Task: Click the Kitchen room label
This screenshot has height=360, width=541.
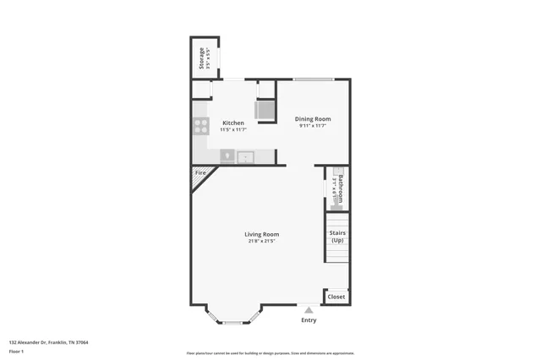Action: [232, 123]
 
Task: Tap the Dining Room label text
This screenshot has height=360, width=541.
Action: [313, 119]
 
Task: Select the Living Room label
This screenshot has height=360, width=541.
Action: [262, 234]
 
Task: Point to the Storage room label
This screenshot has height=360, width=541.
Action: [201, 59]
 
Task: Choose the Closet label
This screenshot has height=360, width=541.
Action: [336, 297]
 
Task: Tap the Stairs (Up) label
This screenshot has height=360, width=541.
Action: [337, 236]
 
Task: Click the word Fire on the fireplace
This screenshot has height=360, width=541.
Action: [200, 172]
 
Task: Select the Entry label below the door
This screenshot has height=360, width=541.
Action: [309, 320]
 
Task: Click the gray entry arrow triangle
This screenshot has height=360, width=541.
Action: [309, 310]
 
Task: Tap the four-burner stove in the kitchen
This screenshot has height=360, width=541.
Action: [201, 126]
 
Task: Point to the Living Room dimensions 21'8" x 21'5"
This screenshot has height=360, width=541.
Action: [262, 242]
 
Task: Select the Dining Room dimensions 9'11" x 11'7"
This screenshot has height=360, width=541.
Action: [313, 126]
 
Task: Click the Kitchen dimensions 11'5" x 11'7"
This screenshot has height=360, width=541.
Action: [232, 130]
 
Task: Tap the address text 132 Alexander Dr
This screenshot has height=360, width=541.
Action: [49, 342]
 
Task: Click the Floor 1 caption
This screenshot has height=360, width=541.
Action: [16, 351]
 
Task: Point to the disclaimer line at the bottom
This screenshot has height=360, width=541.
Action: [270, 353]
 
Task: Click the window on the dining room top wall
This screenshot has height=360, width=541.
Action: [313, 79]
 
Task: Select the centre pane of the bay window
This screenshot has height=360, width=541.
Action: [231, 322]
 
